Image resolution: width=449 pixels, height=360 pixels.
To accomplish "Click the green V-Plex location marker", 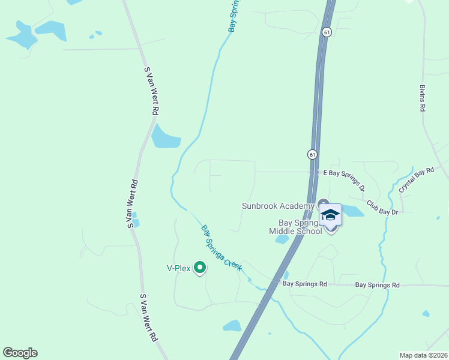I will pos(200,268).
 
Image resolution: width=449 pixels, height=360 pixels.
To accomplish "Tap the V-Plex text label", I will pos(178,269).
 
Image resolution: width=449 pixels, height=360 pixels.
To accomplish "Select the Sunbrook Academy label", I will pos(278,206).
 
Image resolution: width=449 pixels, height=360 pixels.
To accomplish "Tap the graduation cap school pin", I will pos(330,214).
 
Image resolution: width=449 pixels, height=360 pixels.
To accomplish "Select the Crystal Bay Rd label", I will pos(416,179).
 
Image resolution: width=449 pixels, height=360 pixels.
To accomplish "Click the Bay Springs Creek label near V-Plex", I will pos(221,248).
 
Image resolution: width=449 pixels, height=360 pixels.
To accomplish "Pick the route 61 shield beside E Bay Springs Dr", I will pos(313,154).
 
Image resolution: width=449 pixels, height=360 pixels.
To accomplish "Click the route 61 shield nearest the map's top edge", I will pos(326,32).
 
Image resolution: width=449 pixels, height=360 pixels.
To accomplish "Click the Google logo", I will pos(20,353).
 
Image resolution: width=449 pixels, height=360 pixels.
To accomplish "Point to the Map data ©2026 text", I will pos(423,355).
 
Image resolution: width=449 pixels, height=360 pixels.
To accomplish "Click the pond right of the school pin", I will pos(353,211).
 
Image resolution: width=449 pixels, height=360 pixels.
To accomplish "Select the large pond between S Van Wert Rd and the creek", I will pos(165,138).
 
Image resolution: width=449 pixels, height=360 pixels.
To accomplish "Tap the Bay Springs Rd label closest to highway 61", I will pos(304,283).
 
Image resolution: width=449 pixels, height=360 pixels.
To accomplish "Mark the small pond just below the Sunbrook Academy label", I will pos(282,239).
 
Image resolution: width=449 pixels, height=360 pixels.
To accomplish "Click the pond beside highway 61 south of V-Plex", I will pos(232,326).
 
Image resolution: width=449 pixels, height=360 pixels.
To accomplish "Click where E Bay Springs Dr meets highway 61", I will pos(315,172).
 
